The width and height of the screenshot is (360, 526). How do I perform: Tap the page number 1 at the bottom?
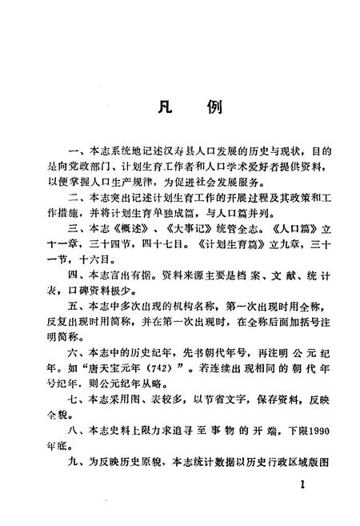click(x=302, y=486)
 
